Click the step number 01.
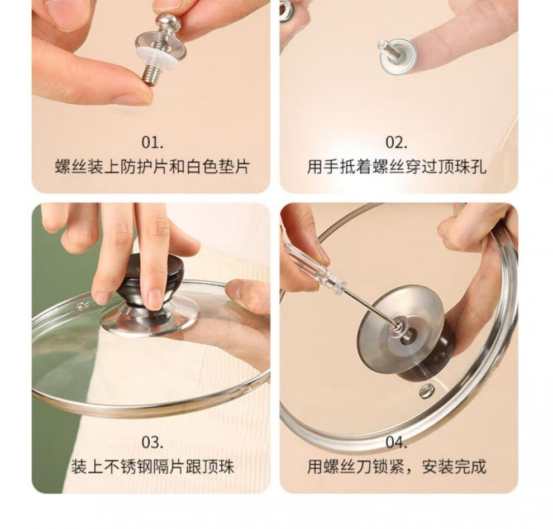point(152,142)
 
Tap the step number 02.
point(397,142)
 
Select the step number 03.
point(152,442)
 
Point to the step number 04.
point(397,442)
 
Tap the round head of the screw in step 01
point(168,22)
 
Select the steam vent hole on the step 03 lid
point(82,306)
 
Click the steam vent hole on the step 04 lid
point(427,391)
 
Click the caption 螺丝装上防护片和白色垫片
point(152,166)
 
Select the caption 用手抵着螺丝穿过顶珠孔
point(397,166)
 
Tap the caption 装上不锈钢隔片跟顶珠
point(152,467)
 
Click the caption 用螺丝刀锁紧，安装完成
point(397,467)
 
